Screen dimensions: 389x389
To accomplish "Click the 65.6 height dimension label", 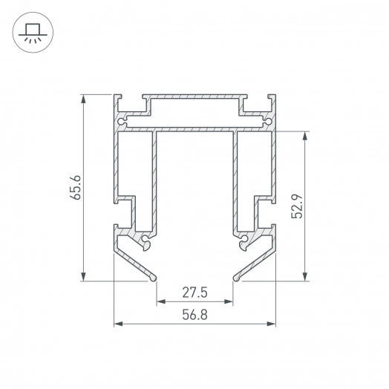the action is click(76, 187).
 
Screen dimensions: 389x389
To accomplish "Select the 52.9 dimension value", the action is click(297, 206).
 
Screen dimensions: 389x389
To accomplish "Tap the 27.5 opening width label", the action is click(194, 292).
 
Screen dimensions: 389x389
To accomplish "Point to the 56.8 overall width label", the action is click(194, 315).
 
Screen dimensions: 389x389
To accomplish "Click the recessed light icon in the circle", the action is click(33, 33).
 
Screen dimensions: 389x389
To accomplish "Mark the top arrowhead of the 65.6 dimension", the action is click(84, 99).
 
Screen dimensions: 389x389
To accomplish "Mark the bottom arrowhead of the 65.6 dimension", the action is click(84, 277).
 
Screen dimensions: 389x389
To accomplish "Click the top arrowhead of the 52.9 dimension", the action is click(305, 136).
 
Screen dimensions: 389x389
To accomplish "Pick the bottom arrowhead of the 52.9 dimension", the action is click(305, 277).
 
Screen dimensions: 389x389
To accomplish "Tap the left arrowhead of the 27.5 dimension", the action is click(161, 301).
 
